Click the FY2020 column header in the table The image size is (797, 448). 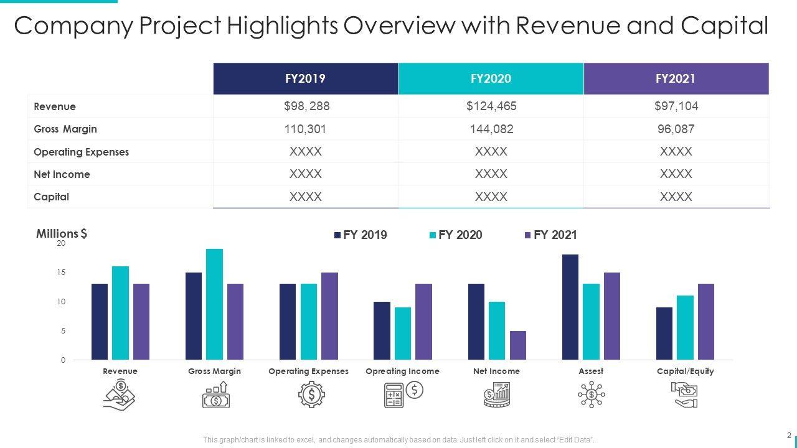(491, 78)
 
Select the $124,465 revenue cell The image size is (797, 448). (491, 106)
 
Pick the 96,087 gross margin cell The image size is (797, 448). (676, 129)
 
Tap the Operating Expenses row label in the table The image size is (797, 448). (81, 152)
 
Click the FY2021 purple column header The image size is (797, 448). (676, 78)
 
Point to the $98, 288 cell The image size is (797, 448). (306, 106)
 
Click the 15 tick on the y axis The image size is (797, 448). (61, 273)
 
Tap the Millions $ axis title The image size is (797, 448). (62, 234)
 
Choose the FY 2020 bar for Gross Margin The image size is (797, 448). (214, 304)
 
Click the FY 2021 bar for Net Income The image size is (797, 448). (517, 345)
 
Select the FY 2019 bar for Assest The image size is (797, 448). (570, 307)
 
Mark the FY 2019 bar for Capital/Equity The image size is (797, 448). (664, 334)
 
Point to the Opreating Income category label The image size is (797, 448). (402, 371)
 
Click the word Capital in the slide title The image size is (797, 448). (725, 26)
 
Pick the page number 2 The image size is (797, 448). (789, 435)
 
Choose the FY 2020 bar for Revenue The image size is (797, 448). (120, 313)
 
